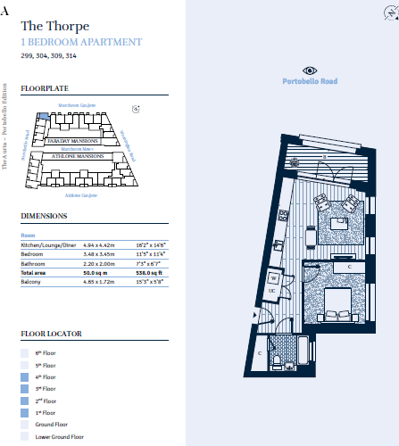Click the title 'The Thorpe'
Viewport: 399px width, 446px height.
click(54, 26)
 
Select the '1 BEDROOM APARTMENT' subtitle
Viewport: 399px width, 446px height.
click(80, 42)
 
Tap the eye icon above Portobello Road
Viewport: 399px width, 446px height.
click(310, 70)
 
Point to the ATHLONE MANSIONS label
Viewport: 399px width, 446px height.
click(79, 155)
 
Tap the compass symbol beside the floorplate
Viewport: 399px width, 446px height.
click(136, 109)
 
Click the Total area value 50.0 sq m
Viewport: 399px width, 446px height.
click(97, 271)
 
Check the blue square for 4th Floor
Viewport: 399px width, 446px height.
click(25, 377)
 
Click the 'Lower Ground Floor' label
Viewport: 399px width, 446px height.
click(59, 436)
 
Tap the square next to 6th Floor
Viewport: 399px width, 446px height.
click(25, 353)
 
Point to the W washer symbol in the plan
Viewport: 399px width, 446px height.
click(275, 277)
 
